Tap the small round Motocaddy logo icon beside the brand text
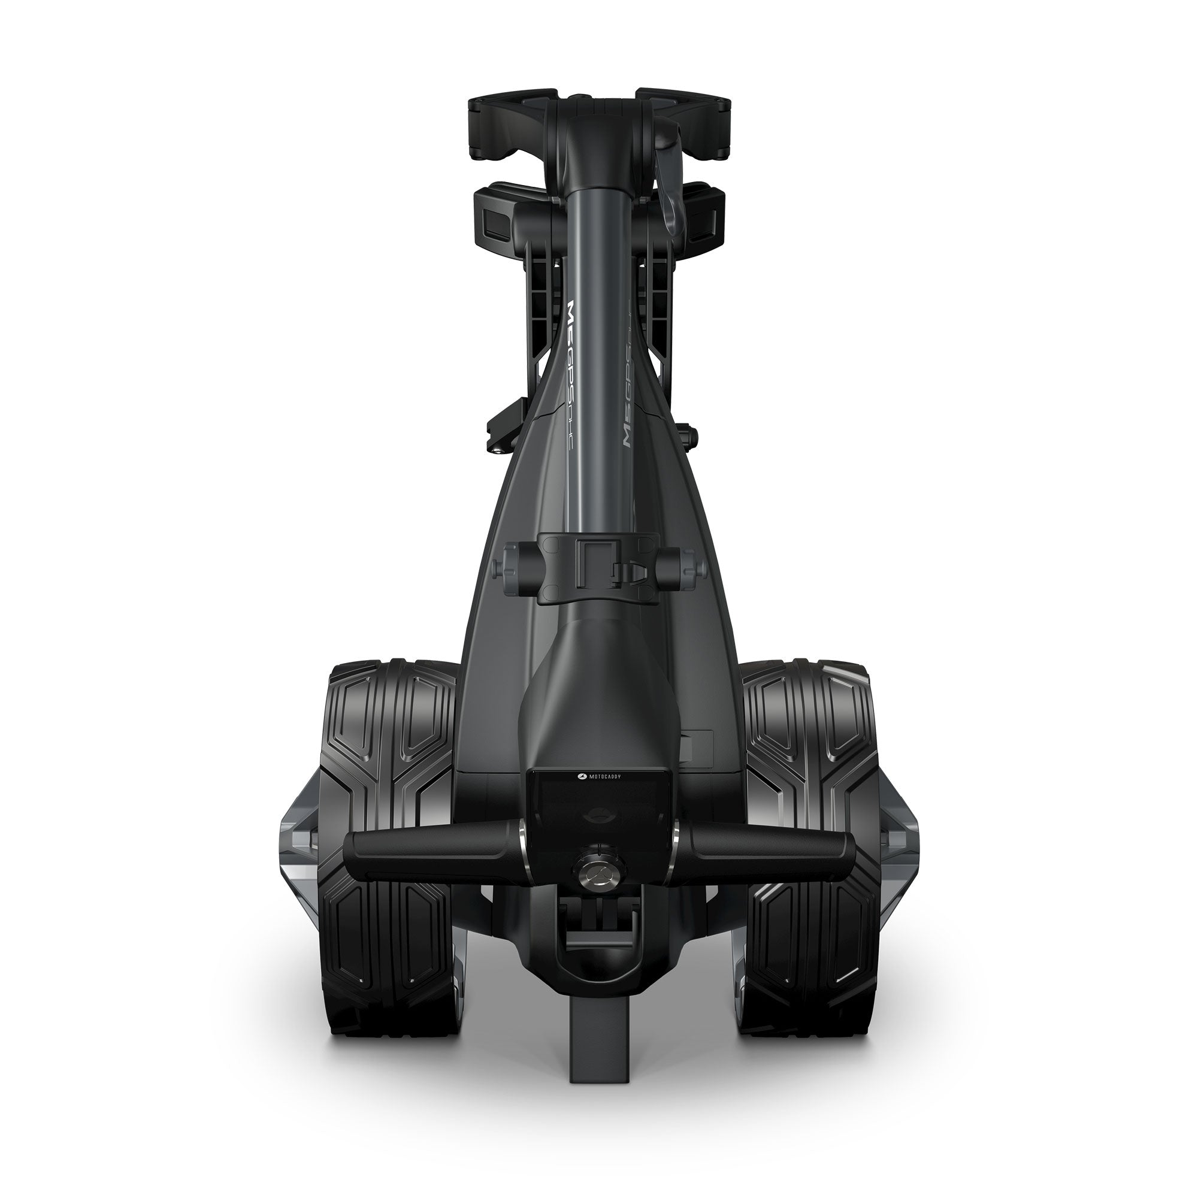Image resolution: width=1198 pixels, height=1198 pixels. pyautogui.click(x=580, y=776)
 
